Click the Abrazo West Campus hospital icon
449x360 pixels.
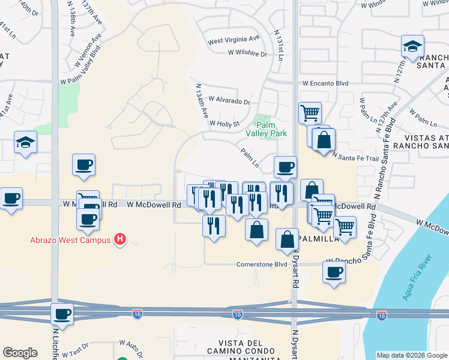[120, 239]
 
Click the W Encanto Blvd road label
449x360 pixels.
[325, 84]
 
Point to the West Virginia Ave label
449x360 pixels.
[234, 42]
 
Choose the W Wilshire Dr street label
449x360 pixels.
[247, 53]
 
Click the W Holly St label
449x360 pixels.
[224, 124]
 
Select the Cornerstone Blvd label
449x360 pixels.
[262, 264]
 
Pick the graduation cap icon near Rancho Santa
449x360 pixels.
[412, 46]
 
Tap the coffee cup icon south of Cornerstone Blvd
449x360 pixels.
[334, 272]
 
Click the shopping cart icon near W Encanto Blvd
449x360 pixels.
[310, 112]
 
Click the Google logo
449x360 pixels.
[20, 353]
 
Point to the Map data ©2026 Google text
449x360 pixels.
[411, 355]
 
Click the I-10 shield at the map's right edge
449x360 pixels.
[381, 314]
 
